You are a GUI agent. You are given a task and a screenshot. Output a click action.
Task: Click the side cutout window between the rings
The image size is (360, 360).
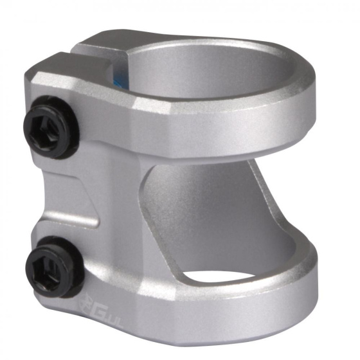pyautogui.click(x=212, y=206)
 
